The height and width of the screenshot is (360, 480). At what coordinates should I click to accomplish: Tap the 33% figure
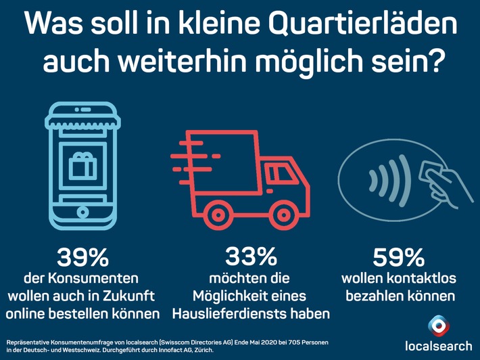click(242, 257)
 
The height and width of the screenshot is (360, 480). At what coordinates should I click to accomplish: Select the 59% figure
click(398, 258)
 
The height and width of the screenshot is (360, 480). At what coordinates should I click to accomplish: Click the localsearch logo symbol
click(437, 325)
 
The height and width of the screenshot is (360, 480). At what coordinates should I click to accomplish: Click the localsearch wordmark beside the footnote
click(437, 346)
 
